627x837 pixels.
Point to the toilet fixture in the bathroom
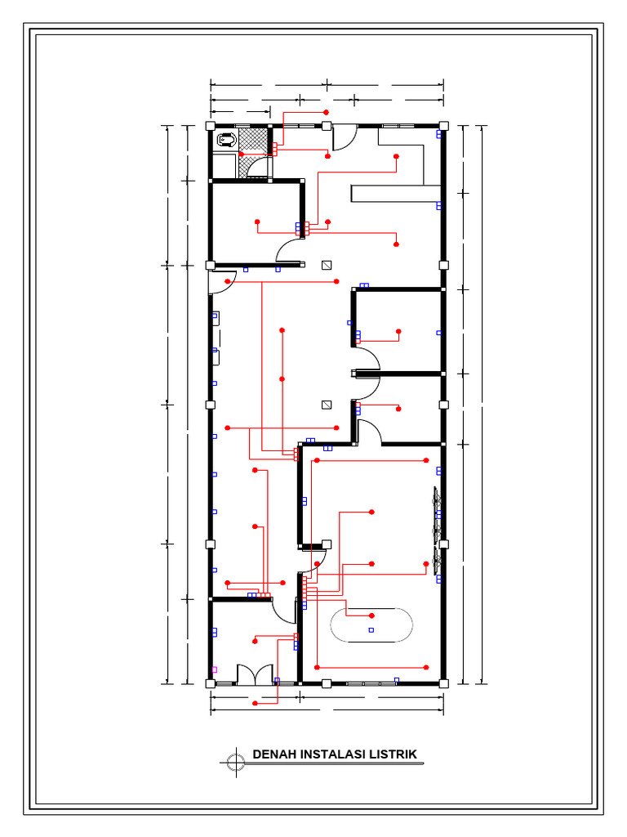tap(227, 141)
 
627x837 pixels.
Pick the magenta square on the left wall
tap(215, 669)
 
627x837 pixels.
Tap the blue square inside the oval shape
tap(371, 630)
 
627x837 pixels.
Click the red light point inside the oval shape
tap(371, 616)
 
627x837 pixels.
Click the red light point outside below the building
tap(255, 704)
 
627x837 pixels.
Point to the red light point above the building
tap(327, 113)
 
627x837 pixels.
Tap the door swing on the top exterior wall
tap(345, 137)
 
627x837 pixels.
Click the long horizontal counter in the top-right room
tap(396, 193)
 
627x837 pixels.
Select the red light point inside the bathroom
tap(241, 154)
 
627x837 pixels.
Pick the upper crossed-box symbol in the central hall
tap(327, 265)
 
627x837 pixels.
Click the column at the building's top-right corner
tap(443, 127)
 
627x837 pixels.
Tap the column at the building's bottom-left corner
tap(211, 684)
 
